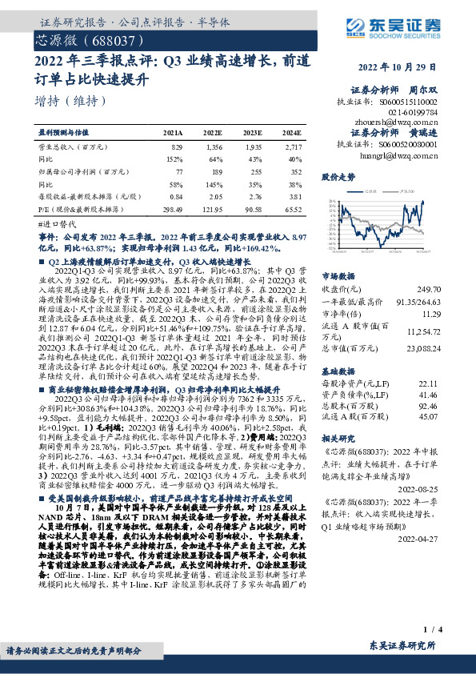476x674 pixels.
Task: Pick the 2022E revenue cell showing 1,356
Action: click(214, 148)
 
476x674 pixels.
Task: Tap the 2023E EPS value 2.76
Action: click(254, 196)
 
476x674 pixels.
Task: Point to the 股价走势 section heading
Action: click(337, 176)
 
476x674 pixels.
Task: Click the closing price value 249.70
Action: click(452, 288)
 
